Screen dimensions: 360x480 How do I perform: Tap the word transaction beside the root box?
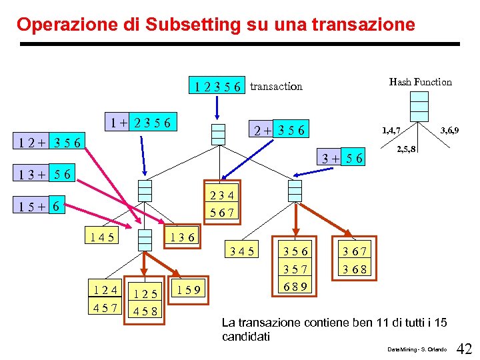point(276,86)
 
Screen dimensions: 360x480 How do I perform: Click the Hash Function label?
point(420,82)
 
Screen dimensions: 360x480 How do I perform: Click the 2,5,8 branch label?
point(407,149)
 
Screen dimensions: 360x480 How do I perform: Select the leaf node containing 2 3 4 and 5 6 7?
point(223,204)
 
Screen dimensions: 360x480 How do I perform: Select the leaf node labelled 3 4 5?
point(241,251)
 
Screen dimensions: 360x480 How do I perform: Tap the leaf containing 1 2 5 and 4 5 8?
point(145,301)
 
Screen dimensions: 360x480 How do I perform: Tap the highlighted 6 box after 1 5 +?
point(57,207)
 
